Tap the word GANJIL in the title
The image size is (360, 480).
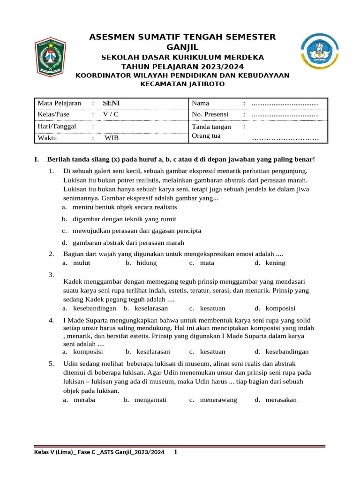coord(182,47)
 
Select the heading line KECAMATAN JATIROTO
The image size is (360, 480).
coord(182,84)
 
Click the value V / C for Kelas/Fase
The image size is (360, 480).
coord(111,114)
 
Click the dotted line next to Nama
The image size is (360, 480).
coord(285,103)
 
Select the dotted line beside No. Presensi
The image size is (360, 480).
coord(285,114)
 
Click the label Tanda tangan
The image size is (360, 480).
coord(211,127)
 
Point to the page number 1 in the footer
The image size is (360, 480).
coord(175,452)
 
